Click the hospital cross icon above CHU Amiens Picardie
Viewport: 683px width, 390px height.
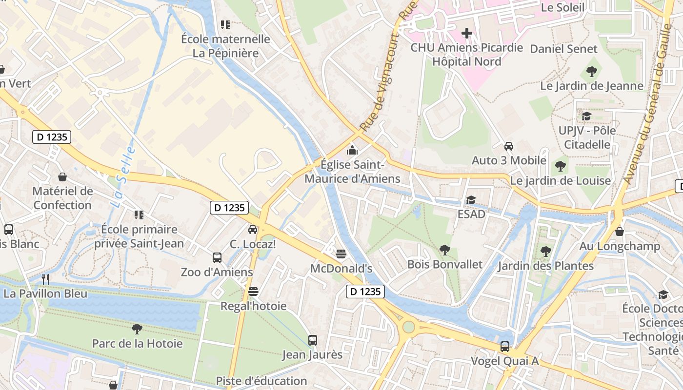(467, 33)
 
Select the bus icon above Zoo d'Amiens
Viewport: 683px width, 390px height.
(217, 257)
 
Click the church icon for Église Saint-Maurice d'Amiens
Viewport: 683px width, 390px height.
(352, 150)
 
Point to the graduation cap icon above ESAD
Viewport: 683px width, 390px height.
(471, 200)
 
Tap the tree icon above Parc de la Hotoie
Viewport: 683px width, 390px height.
(137, 329)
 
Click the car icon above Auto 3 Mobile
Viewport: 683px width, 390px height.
(509, 146)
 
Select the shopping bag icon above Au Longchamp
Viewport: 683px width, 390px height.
(620, 231)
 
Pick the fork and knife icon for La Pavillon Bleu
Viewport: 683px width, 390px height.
(45, 279)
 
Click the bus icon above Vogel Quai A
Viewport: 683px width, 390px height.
(505, 346)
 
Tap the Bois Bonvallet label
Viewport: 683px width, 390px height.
(444, 264)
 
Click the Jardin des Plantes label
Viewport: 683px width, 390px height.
(545, 266)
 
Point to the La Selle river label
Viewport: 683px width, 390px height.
(122, 178)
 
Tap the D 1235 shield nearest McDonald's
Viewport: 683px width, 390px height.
(365, 292)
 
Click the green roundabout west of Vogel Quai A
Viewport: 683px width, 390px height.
(408, 327)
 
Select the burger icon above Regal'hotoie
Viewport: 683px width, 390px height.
(253, 292)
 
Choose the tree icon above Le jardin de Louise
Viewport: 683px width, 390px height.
(561, 166)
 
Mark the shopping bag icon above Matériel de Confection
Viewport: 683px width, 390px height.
(62, 176)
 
